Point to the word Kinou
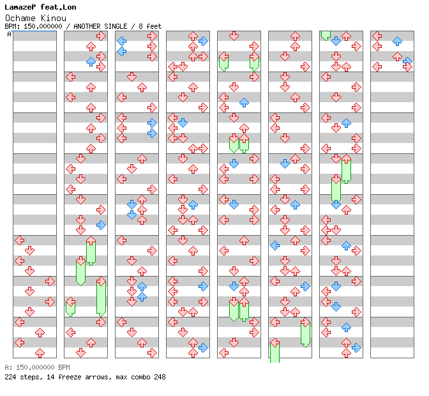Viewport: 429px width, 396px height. [x=54, y=17]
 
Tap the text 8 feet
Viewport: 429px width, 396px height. [x=149, y=26]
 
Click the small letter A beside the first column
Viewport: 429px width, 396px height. [x=9, y=34]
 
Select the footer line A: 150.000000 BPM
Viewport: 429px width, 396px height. [x=37, y=368]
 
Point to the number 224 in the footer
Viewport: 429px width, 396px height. [x=11, y=377]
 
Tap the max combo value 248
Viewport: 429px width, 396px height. [x=159, y=377]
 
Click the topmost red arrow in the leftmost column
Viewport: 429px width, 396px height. [x=19, y=240]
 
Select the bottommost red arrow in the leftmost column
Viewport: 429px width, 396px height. [x=40, y=353]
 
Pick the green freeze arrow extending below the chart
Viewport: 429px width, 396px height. [x=275, y=352]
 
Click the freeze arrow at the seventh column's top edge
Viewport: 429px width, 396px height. [x=326, y=34]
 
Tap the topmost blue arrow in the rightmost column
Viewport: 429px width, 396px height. [x=397, y=41]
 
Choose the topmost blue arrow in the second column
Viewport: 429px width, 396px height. [x=91, y=61]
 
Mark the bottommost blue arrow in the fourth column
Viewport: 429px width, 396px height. [x=203, y=347]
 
